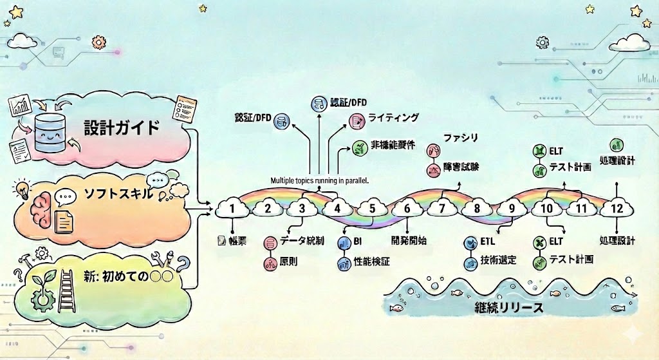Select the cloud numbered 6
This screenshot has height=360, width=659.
click(407, 208)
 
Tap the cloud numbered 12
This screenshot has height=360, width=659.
click(617, 208)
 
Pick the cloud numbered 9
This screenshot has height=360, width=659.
click(512, 208)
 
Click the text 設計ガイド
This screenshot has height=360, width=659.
click(122, 127)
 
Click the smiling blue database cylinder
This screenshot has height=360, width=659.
click(53, 131)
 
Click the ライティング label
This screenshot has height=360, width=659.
click(393, 118)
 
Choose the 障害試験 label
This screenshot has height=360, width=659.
click(462, 168)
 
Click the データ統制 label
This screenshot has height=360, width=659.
click(302, 242)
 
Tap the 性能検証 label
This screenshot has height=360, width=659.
click(375, 262)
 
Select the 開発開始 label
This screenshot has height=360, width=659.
click(409, 241)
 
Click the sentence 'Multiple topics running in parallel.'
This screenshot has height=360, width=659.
click(319, 181)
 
